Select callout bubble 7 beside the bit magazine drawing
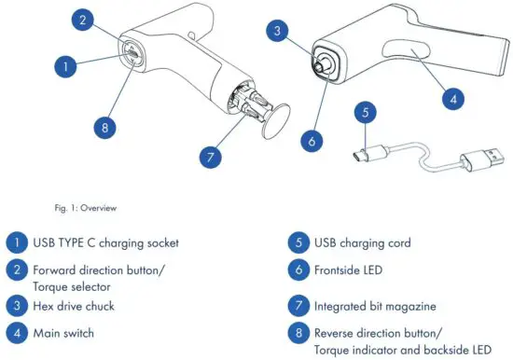coord(211,156)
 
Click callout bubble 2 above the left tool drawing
coord(84,20)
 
